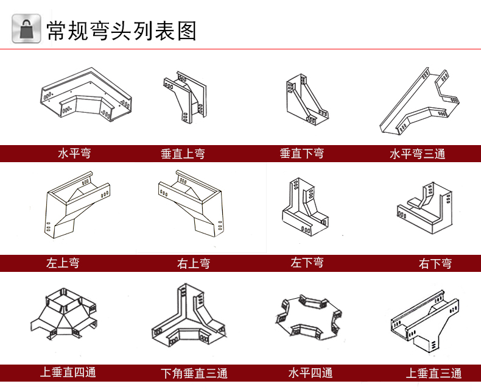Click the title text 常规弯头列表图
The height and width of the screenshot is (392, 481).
pos(122,29)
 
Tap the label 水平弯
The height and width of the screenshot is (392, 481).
pos(74,153)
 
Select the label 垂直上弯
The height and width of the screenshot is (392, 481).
pos(183,154)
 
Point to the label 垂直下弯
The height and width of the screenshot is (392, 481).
pos(301,153)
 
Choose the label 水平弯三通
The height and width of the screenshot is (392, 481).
pos(417,154)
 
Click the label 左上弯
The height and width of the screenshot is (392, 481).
pos(63,263)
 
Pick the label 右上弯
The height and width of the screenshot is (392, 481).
pos(194,263)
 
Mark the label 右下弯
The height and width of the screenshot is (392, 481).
pos(435,263)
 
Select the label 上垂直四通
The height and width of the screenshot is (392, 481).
pos(68,372)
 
